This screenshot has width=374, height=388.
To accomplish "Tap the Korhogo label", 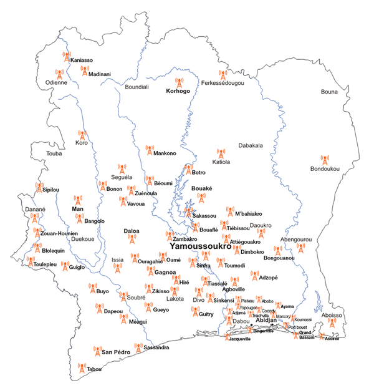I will point(178,91).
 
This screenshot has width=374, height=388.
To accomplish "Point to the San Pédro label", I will point(116,352).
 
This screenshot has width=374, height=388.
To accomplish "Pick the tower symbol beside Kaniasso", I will point(66,57).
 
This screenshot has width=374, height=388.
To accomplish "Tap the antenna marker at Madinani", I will point(85,71).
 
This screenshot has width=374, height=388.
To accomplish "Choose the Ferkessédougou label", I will point(223,82).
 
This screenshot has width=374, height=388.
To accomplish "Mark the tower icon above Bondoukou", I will point(324,160).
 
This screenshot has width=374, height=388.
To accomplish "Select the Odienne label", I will point(57,82).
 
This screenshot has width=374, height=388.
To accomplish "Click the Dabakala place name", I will point(251,145).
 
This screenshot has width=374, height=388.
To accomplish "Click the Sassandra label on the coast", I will point(156,347).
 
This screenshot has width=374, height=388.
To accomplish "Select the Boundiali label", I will point(137,87).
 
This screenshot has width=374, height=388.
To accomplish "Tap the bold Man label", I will point(78,210).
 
